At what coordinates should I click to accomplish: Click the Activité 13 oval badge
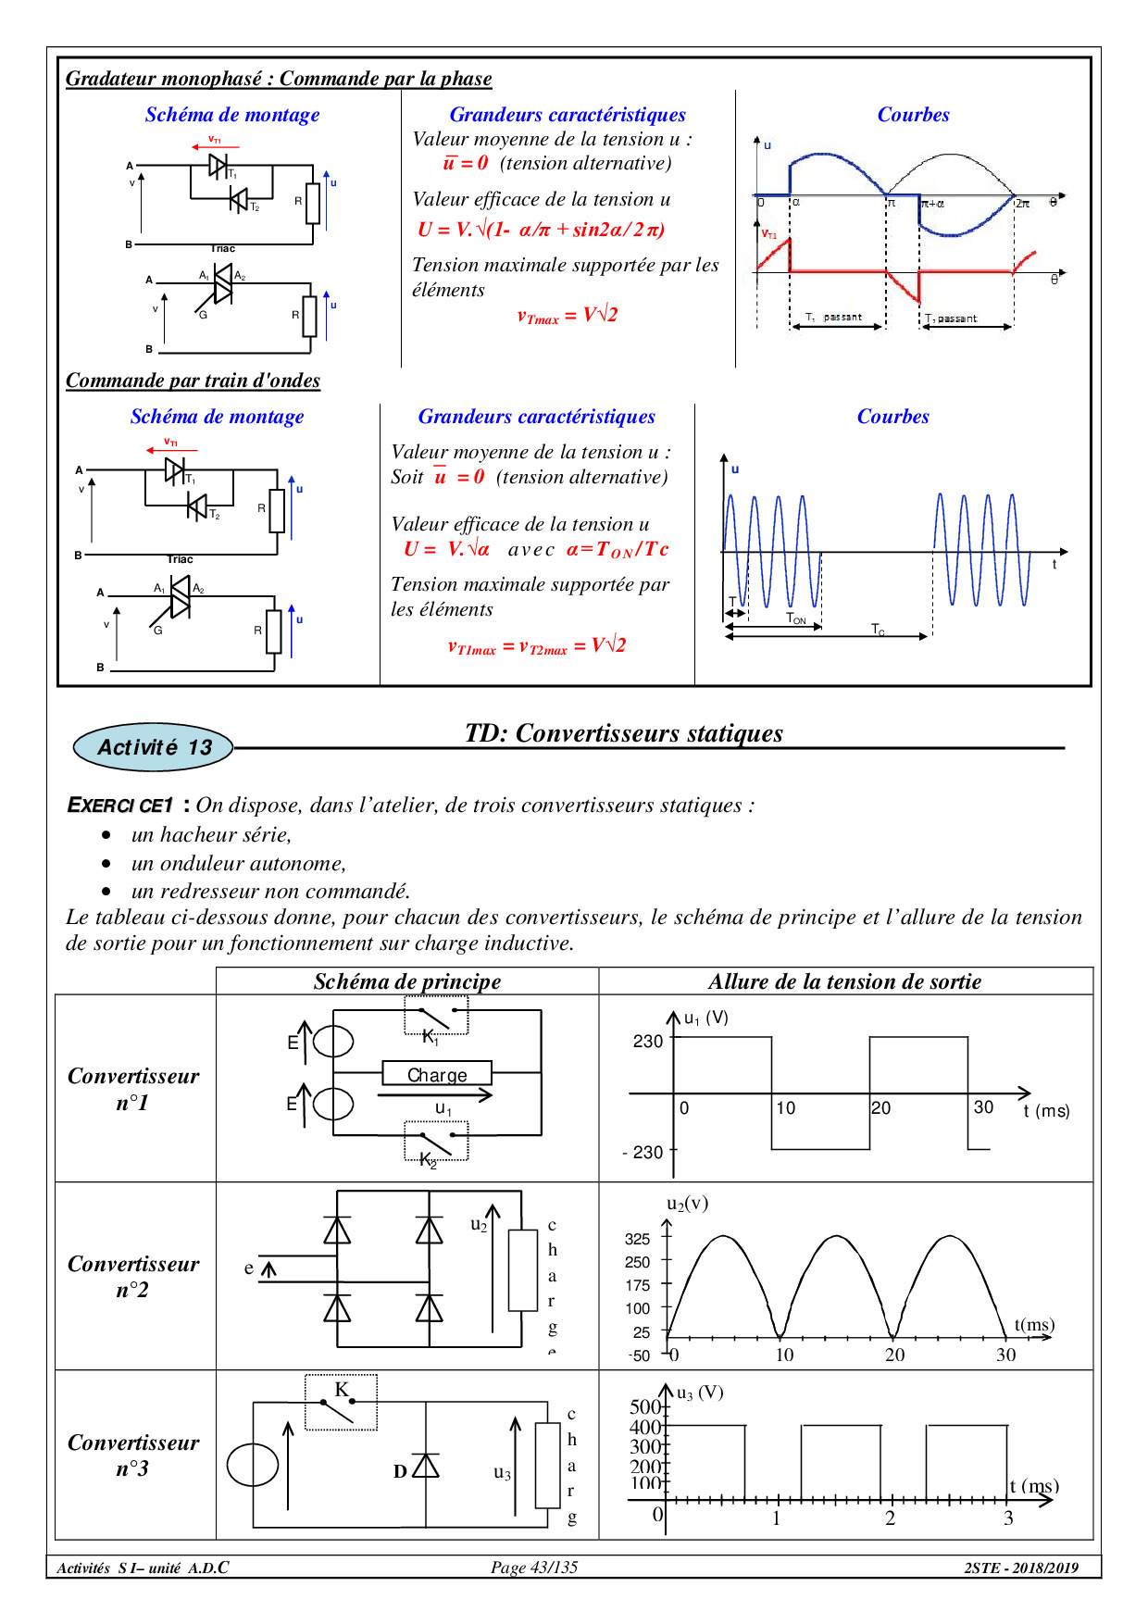click(x=154, y=747)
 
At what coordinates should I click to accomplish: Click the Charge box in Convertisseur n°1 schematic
click(x=437, y=1074)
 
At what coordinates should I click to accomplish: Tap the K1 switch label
click(x=430, y=1038)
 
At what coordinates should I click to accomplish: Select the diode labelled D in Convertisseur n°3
click(x=426, y=1466)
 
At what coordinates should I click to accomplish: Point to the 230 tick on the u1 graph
click(x=648, y=1042)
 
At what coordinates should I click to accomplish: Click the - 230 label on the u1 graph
click(x=643, y=1152)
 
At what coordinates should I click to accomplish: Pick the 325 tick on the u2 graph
click(x=638, y=1239)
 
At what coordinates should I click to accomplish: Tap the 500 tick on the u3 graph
click(x=645, y=1407)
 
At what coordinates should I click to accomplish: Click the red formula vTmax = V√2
click(x=567, y=316)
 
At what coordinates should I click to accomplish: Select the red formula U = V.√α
click(x=446, y=549)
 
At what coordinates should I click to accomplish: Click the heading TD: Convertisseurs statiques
click(x=623, y=733)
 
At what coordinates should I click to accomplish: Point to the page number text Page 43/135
click(x=534, y=1567)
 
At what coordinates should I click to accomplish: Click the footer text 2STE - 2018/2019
click(x=1021, y=1568)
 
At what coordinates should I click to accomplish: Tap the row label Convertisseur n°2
click(x=133, y=1276)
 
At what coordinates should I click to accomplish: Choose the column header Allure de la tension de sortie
click(x=844, y=981)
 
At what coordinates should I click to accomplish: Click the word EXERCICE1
click(x=120, y=806)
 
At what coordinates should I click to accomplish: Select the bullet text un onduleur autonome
click(x=239, y=863)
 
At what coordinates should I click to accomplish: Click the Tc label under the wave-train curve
click(x=878, y=629)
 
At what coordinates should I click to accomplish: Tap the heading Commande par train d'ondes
click(x=193, y=381)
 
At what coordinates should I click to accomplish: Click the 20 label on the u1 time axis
click(x=881, y=1107)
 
